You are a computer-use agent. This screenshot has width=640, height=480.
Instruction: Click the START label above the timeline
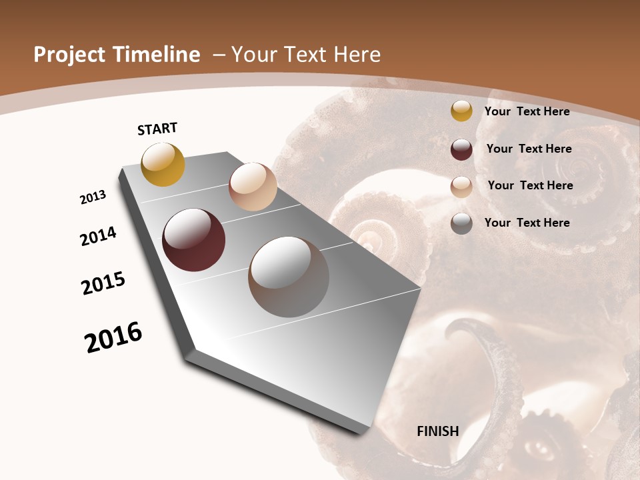[157, 129]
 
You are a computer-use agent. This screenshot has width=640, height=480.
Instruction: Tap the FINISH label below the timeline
[437, 431]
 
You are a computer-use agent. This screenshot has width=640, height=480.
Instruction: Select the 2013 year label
[93, 197]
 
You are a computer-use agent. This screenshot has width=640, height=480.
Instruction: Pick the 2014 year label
[98, 237]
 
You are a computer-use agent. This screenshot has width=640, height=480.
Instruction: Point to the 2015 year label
[103, 283]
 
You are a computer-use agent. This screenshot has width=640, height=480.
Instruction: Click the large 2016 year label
[113, 337]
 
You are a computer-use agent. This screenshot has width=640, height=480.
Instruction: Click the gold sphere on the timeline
[163, 164]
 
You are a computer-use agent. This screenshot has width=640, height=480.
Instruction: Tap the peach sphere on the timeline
[253, 187]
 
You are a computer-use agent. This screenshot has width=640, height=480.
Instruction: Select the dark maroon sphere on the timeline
[193, 240]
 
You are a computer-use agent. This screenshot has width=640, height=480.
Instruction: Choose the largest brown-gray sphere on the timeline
[288, 277]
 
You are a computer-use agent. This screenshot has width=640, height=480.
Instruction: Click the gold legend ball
[461, 111]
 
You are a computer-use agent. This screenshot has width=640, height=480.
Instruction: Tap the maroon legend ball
[461, 149]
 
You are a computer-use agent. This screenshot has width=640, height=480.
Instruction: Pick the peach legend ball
[461, 187]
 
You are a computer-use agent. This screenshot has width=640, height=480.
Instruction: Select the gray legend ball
[461, 223]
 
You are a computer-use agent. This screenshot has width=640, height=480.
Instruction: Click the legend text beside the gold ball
[527, 111]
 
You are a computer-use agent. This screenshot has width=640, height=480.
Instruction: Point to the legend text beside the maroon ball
[529, 149]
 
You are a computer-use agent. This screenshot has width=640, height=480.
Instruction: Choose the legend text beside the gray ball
[527, 223]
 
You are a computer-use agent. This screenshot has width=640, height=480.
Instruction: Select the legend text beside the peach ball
[530, 185]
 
